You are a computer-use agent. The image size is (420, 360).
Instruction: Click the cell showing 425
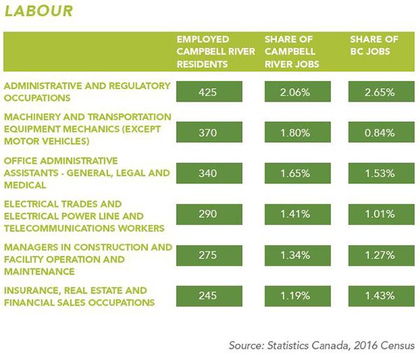tap(209, 92)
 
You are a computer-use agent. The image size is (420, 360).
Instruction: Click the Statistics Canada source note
tap(321, 345)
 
